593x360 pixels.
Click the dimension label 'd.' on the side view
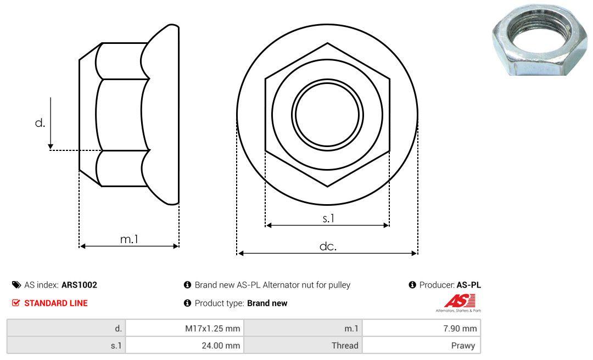(x=40, y=123)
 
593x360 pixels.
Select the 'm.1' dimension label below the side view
(x=129, y=239)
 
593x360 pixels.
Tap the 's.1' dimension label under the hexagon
(x=328, y=218)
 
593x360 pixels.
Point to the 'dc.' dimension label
(x=328, y=246)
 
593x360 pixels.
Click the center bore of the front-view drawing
(x=327, y=114)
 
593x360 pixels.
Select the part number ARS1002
(x=79, y=285)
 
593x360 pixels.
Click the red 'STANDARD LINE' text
(x=55, y=303)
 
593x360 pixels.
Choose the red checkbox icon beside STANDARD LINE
(x=15, y=303)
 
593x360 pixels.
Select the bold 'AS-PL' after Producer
(x=468, y=285)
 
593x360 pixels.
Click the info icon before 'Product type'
(x=187, y=303)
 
